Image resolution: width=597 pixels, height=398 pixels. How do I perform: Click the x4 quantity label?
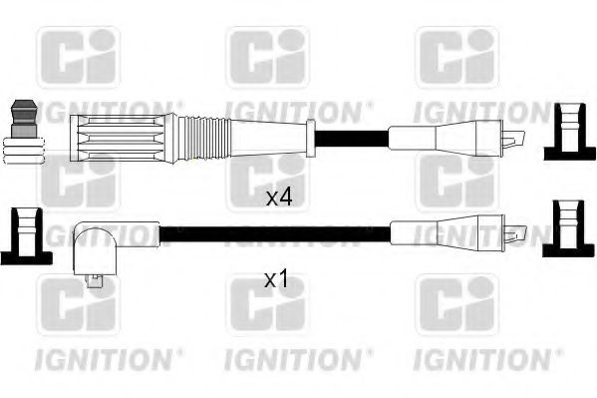point(279,198)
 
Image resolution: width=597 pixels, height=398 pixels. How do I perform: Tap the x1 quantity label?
point(276,280)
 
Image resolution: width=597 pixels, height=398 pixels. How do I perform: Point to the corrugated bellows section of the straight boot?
point(204,135)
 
